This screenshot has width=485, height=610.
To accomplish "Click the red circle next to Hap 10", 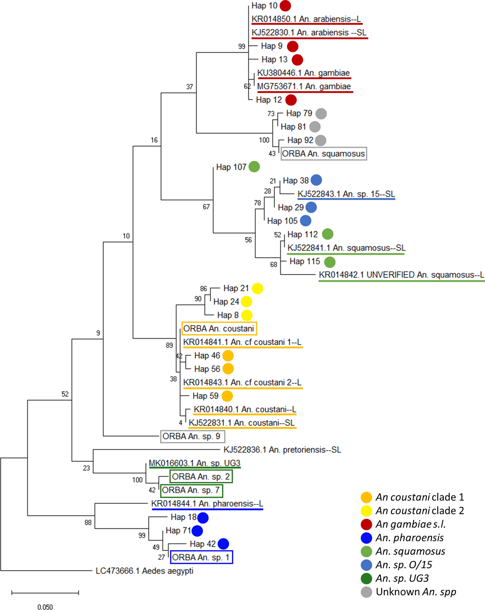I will (285, 6).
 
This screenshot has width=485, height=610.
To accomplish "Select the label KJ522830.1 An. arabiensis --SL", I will (309, 33).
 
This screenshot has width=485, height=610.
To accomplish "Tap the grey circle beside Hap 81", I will (314, 127).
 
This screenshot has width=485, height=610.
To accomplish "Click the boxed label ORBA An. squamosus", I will (324, 154).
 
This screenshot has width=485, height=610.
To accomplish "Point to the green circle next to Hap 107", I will (254, 167).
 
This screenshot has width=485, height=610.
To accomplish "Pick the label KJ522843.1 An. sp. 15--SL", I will (346, 194).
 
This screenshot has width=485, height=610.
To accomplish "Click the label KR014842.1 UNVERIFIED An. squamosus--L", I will (401, 275).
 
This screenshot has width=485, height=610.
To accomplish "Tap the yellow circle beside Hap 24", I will (246, 302).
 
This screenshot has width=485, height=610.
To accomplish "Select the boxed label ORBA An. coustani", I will (219, 329).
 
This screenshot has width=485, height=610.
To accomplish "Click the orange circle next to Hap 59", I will (227, 396).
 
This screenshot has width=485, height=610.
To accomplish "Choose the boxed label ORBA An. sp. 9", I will (193, 436).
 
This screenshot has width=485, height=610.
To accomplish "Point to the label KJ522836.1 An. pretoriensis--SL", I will (282, 450).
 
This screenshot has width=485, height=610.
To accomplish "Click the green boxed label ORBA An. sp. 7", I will (192, 490).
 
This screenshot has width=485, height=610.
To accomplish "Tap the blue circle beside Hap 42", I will (223, 544).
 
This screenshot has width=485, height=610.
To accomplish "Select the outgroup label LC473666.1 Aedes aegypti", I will (144, 571).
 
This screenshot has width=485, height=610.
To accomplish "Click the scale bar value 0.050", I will (45, 606).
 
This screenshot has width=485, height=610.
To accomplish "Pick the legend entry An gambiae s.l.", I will (410, 524).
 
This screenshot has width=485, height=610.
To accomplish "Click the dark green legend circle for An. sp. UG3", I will (366, 578).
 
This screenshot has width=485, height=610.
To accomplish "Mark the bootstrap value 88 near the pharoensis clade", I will (88, 522).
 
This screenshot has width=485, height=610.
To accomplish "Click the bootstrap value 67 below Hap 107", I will (206, 207).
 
